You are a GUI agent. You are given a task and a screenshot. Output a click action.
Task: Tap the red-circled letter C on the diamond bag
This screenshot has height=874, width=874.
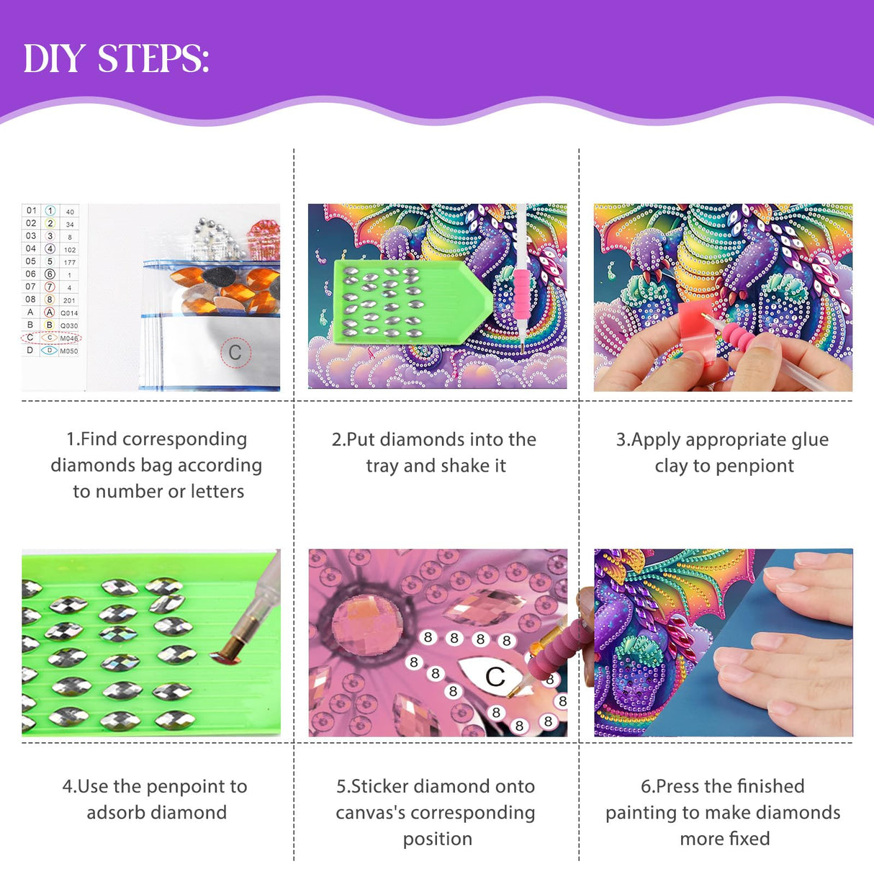[x=235, y=353]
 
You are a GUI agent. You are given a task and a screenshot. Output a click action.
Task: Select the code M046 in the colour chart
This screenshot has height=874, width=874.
[x=69, y=338]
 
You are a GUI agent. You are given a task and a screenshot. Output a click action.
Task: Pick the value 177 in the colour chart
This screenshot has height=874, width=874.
[x=69, y=262]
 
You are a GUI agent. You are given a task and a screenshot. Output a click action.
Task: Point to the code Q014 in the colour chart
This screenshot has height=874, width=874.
[x=69, y=313]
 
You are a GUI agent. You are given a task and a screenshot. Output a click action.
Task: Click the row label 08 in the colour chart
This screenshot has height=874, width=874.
[x=31, y=299]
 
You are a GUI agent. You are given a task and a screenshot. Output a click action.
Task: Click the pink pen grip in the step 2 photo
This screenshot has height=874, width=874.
[x=521, y=295]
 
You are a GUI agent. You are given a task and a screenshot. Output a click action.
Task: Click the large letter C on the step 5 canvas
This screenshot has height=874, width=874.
[x=495, y=677]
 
